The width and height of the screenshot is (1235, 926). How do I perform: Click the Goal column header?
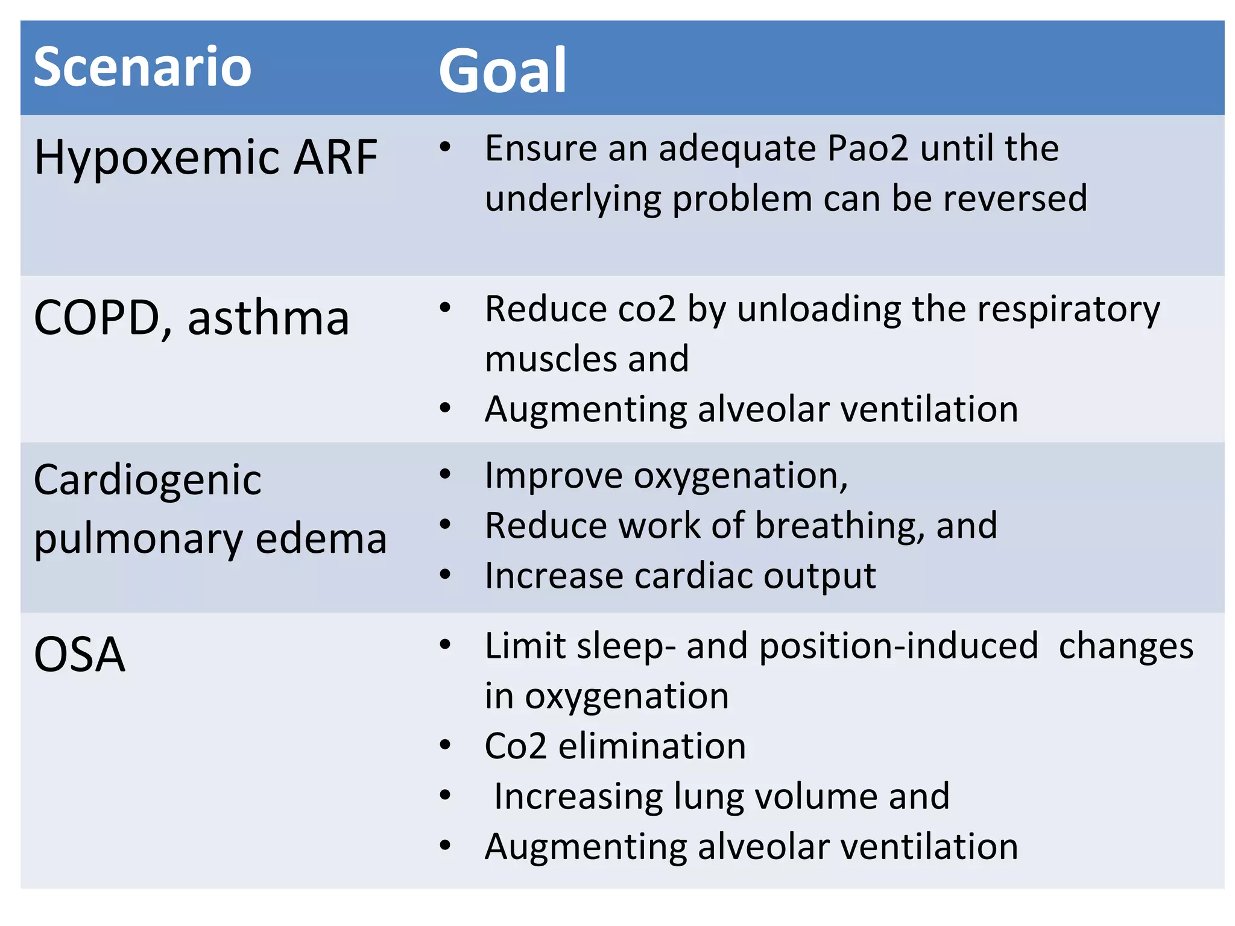tap(502, 71)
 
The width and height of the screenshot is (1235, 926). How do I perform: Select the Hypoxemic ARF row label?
tap(206, 157)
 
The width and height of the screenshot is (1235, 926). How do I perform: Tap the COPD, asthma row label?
tap(191, 318)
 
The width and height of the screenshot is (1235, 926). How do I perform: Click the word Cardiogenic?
tap(147, 480)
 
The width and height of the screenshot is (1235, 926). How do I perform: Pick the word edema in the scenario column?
tap(321, 538)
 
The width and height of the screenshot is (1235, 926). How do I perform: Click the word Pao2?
tap(867, 148)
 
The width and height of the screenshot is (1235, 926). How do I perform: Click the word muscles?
tap(551, 359)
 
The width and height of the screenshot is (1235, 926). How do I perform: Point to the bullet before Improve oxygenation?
tap(445, 474)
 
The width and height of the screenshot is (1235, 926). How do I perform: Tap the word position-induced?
tap(899, 646)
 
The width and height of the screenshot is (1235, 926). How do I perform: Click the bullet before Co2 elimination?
tap(445, 746)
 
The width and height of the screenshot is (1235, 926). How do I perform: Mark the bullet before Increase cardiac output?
tap(445, 575)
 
